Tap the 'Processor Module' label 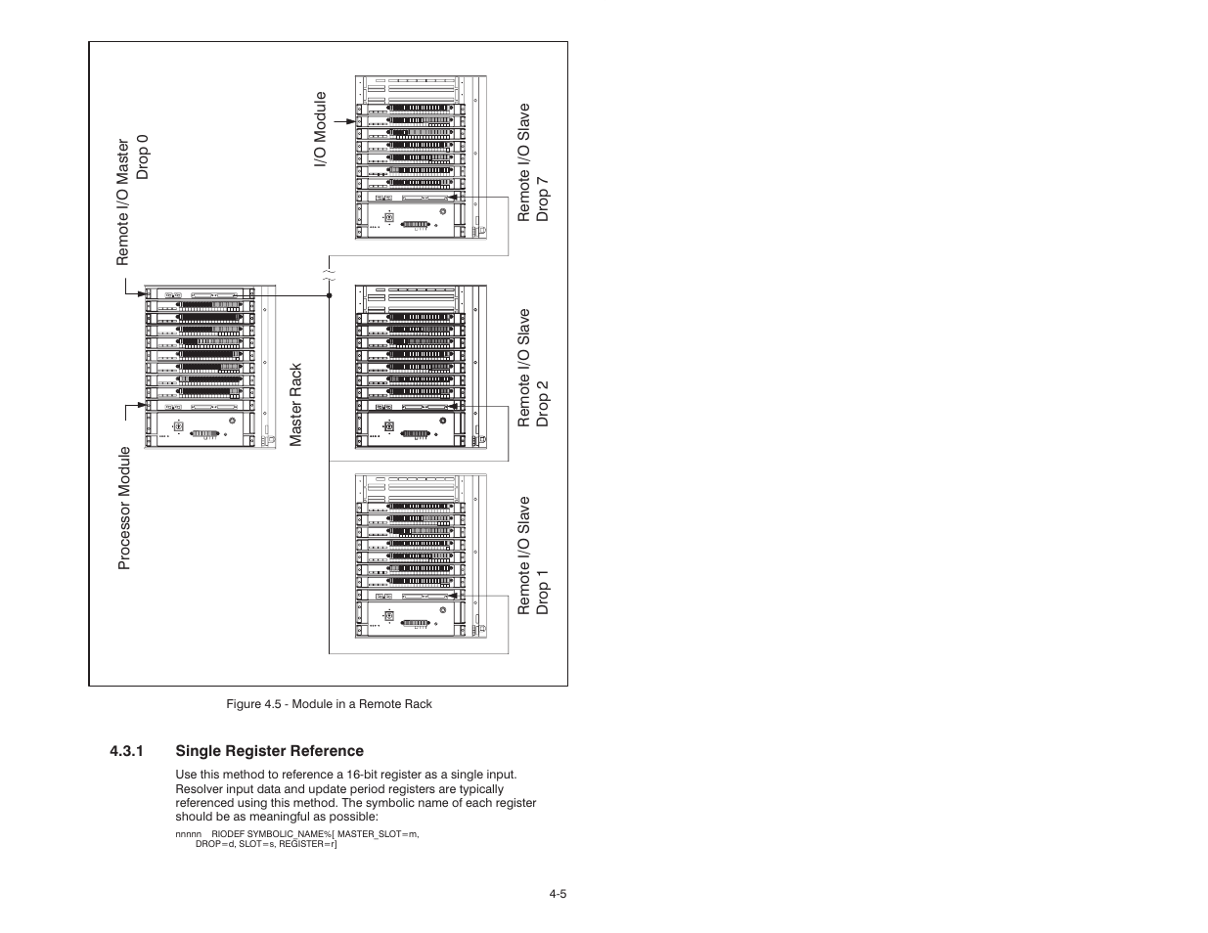point(124,508)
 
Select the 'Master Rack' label point(296,405)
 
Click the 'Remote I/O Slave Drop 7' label point(533,162)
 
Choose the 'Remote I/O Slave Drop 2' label point(533,368)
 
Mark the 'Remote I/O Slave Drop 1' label point(533,555)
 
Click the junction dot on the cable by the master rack point(329,293)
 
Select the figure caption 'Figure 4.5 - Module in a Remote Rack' point(329,704)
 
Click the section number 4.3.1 point(127,751)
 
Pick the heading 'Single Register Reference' point(269,751)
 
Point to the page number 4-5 point(559,893)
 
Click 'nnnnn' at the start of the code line point(188,833)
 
